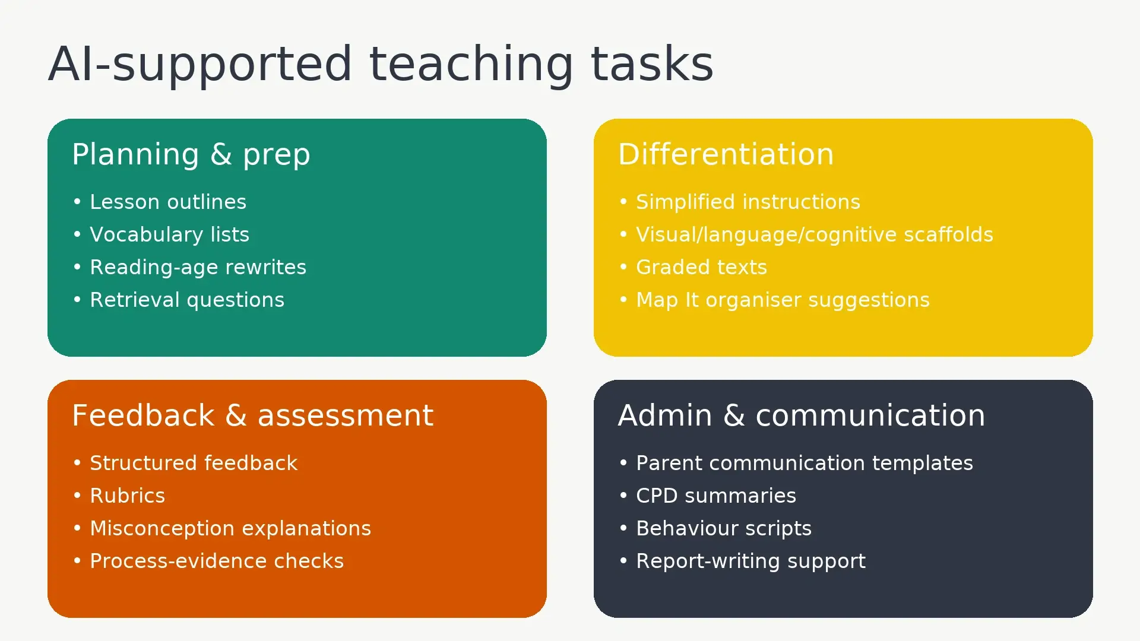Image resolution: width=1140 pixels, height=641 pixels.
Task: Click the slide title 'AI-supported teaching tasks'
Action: [380, 64]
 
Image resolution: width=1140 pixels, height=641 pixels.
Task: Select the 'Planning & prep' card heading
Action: [191, 154]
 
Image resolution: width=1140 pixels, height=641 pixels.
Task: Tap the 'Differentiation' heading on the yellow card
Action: [726, 154]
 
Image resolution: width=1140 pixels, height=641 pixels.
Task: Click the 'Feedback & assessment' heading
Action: [252, 415]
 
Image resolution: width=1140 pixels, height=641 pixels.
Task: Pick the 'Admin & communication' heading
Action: [801, 415]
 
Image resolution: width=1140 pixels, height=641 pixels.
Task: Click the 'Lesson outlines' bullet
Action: [167, 202]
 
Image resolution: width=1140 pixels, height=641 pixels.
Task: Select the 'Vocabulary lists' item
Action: [169, 235]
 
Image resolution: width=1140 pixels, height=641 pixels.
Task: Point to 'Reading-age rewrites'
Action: [198, 268]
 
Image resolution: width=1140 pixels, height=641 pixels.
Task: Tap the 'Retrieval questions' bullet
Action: [187, 300]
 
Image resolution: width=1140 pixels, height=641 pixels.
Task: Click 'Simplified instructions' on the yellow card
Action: [748, 202]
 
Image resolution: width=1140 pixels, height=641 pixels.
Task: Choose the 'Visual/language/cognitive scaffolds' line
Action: [814, 235]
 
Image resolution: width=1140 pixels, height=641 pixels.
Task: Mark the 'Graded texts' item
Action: [701, 268]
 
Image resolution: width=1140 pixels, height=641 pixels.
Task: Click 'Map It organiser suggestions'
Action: [783, 300]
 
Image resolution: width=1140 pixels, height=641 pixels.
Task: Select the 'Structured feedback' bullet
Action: [194, 464]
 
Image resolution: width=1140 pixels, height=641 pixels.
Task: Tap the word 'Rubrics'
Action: [127, 496]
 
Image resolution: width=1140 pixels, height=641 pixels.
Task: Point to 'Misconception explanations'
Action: [230, 529]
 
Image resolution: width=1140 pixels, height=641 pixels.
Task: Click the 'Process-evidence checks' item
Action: [217, 561]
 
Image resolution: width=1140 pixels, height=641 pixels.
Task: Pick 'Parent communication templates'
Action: [804, 464]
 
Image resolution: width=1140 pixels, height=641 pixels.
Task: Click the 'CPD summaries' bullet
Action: [715, 496]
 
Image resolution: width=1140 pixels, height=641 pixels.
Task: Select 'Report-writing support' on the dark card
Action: [750, 561]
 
